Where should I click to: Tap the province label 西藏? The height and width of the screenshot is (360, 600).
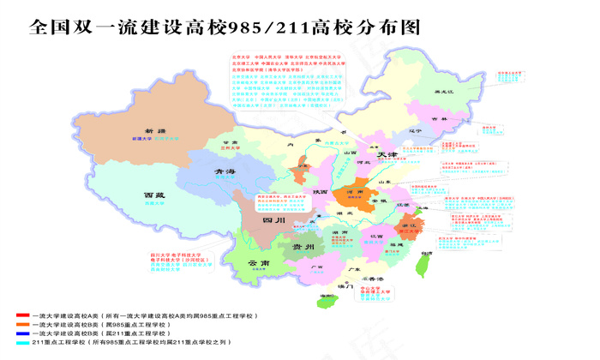(x=153, y=196)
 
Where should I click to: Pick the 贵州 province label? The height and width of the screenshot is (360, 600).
(x=303, y=246)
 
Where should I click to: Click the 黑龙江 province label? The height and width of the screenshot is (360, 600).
(x=442, y=92)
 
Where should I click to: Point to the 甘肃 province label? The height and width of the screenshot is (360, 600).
(x=228, y=142)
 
